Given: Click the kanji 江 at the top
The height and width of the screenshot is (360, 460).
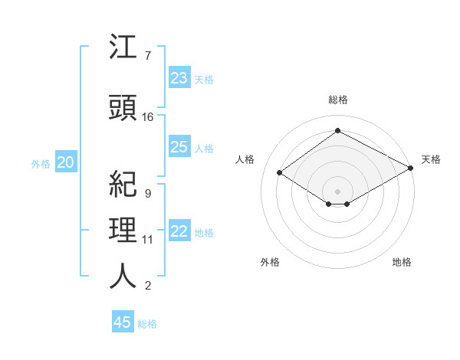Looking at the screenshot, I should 123,50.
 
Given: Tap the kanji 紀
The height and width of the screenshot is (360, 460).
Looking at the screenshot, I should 123,185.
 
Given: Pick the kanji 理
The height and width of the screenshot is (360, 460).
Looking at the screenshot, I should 123,232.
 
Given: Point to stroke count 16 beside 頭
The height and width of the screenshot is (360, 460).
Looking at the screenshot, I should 148,117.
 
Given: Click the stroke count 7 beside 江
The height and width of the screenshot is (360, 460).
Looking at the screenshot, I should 147,56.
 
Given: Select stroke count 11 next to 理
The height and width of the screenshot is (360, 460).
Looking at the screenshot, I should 148,240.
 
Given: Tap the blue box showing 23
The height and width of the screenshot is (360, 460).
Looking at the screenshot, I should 179,77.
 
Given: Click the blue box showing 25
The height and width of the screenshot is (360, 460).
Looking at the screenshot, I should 179,147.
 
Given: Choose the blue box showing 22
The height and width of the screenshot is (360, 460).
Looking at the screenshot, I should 179,231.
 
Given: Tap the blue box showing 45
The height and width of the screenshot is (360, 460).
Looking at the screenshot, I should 123,322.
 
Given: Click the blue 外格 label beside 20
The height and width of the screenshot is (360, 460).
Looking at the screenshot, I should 40,163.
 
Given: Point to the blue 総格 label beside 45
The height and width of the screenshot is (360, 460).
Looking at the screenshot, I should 147,324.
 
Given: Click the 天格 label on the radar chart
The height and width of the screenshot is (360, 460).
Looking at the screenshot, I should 431,159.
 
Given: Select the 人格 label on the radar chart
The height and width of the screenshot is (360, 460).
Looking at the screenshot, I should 245,159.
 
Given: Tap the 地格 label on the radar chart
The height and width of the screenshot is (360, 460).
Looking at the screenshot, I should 402,262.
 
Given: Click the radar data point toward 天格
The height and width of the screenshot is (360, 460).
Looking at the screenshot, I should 411,169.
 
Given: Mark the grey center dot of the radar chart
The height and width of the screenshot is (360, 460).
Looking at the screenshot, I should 337,191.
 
